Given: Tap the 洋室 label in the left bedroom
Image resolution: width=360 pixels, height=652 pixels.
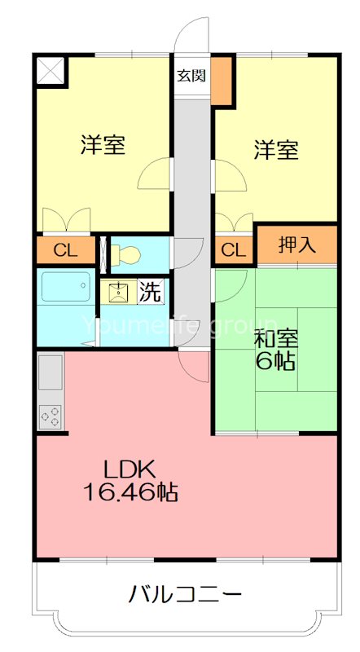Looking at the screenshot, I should click(103, 146).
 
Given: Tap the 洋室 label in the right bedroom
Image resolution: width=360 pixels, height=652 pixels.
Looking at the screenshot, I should click(275, 149).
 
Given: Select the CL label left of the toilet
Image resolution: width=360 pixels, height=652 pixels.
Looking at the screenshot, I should click(64, 249).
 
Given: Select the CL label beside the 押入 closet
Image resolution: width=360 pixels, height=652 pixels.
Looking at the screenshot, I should click(234, 249).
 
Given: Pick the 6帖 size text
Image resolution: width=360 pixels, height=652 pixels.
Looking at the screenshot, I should click(274, 363).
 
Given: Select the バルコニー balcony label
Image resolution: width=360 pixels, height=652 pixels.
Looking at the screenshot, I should click(185, 593).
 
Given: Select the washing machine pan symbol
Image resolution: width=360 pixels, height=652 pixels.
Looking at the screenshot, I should click(119, 291).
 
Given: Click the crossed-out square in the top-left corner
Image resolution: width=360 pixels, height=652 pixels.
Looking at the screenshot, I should click(50, 70).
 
